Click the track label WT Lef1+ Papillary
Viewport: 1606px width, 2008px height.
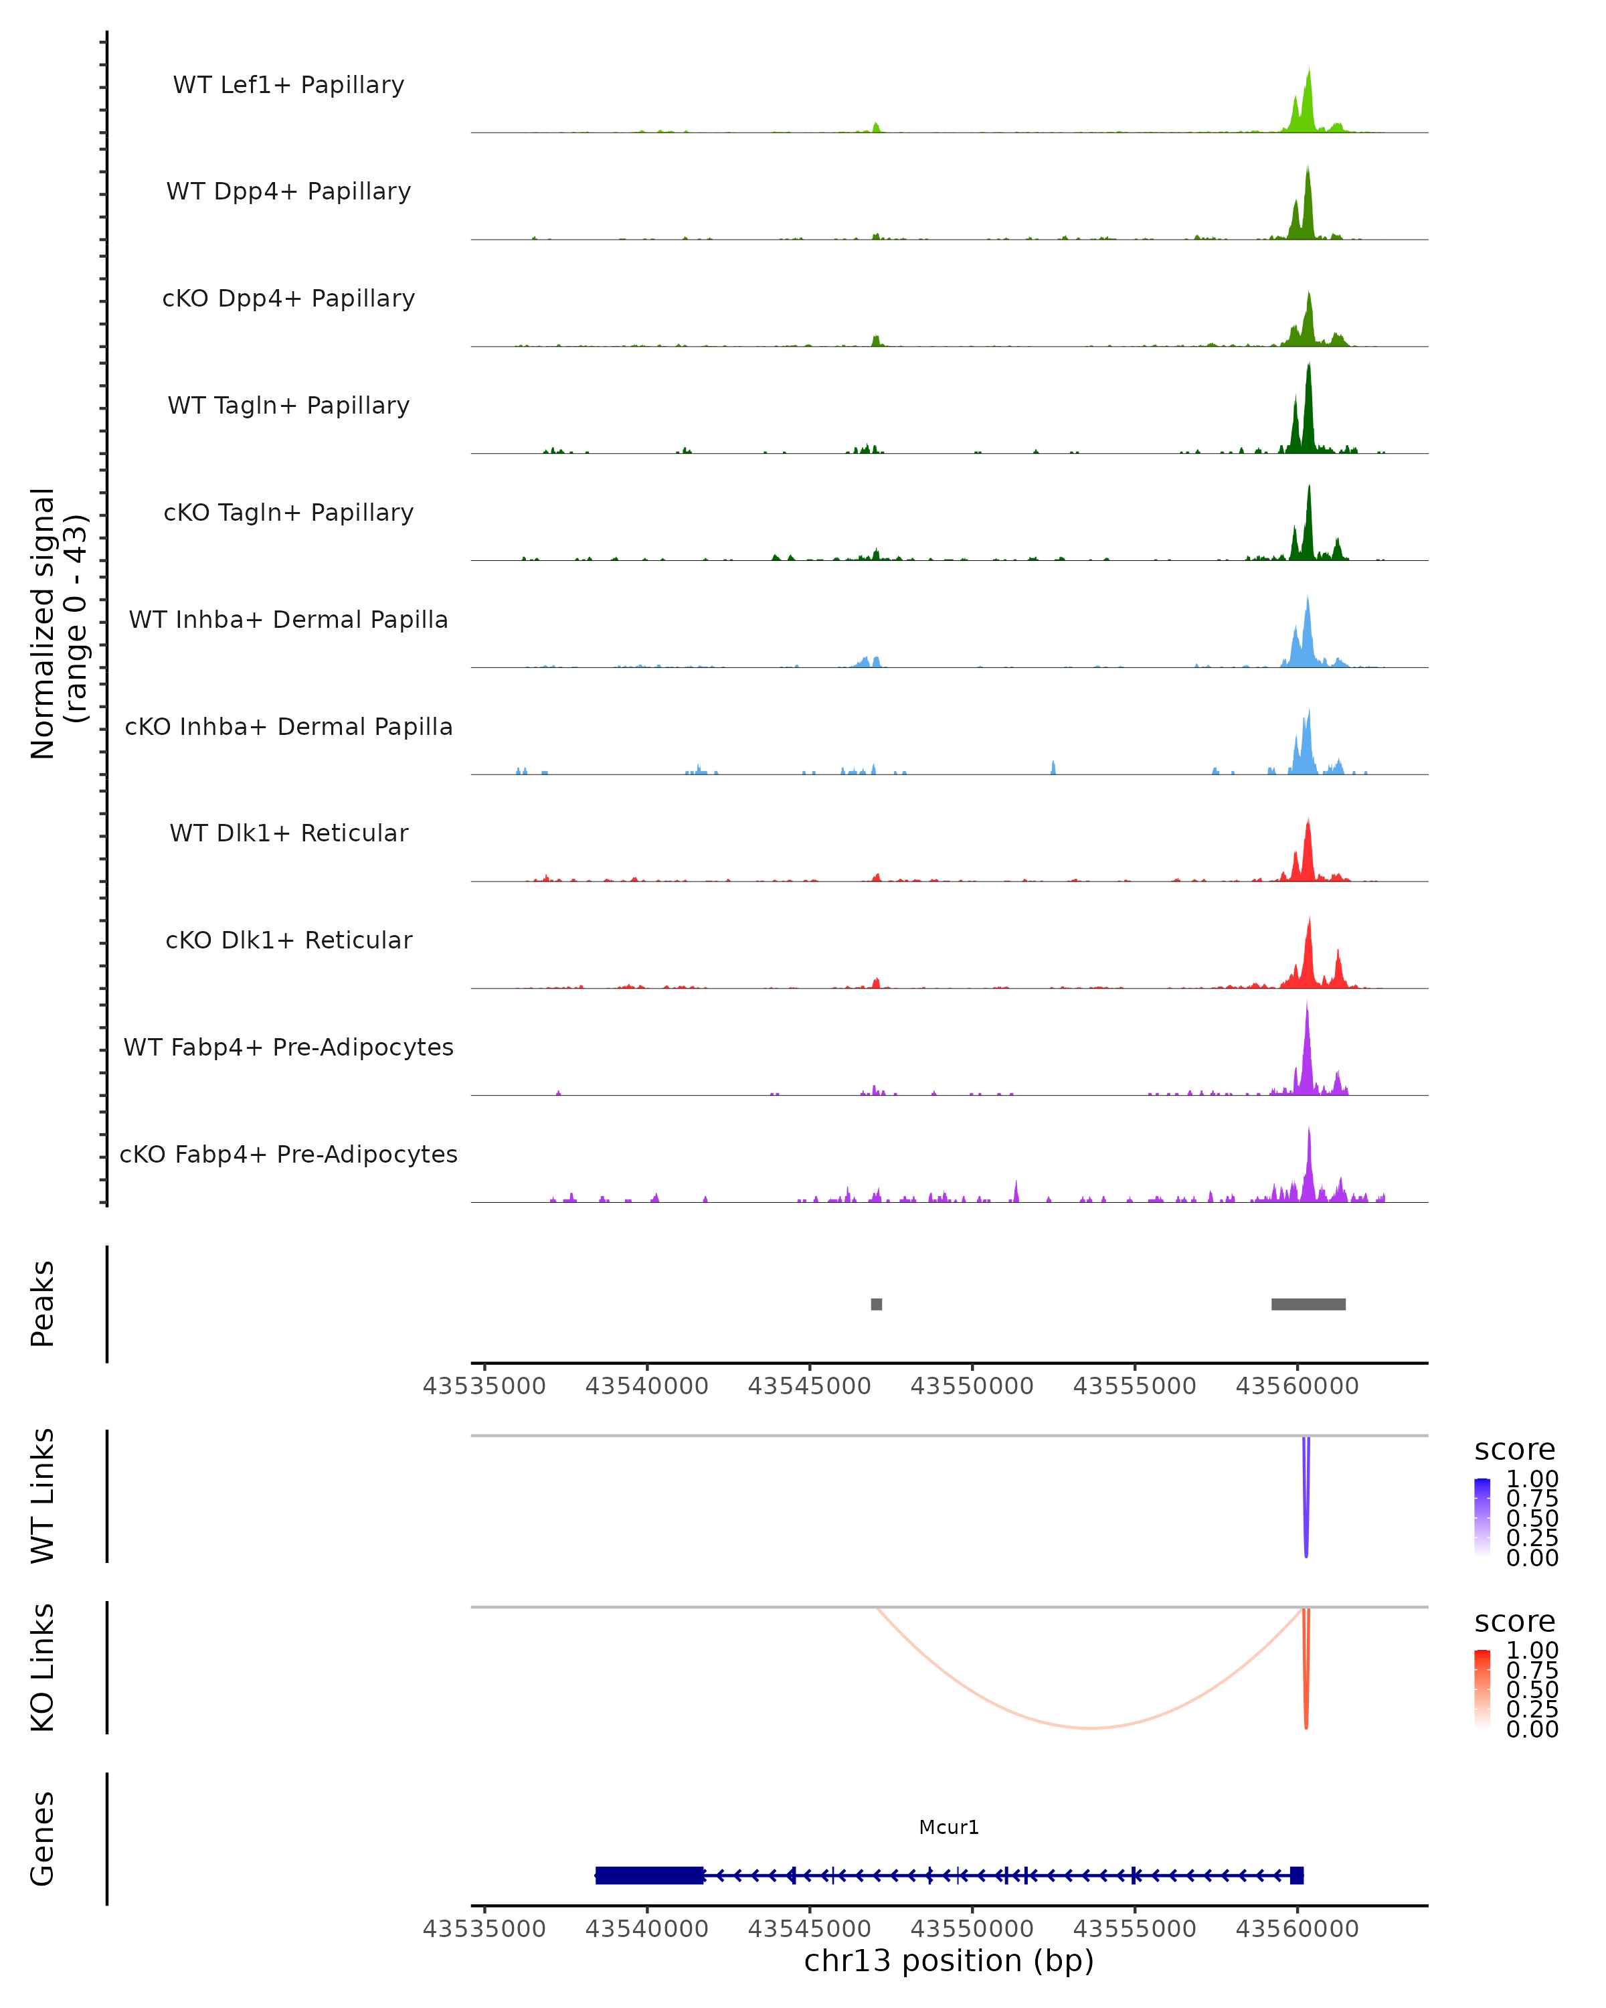[x=288, y=85]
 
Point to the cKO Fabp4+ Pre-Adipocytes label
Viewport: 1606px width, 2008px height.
[x=288, y=1154]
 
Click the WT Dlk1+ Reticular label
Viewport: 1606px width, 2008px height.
[x=288, y=833]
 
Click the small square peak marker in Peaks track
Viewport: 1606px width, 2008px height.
[x=876, y=1304]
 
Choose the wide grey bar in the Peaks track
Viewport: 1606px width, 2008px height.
[x=1308, y=1304]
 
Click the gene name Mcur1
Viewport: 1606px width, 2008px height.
[x=949, y=1827]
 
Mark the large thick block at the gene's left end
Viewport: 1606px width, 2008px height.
[x=649, y=1875]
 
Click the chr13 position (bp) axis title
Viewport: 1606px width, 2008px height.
[x=949, y=1960]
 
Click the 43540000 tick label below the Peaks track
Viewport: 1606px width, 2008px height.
[x=647, y=1386]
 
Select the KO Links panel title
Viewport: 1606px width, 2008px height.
[x=43, y=1667]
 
